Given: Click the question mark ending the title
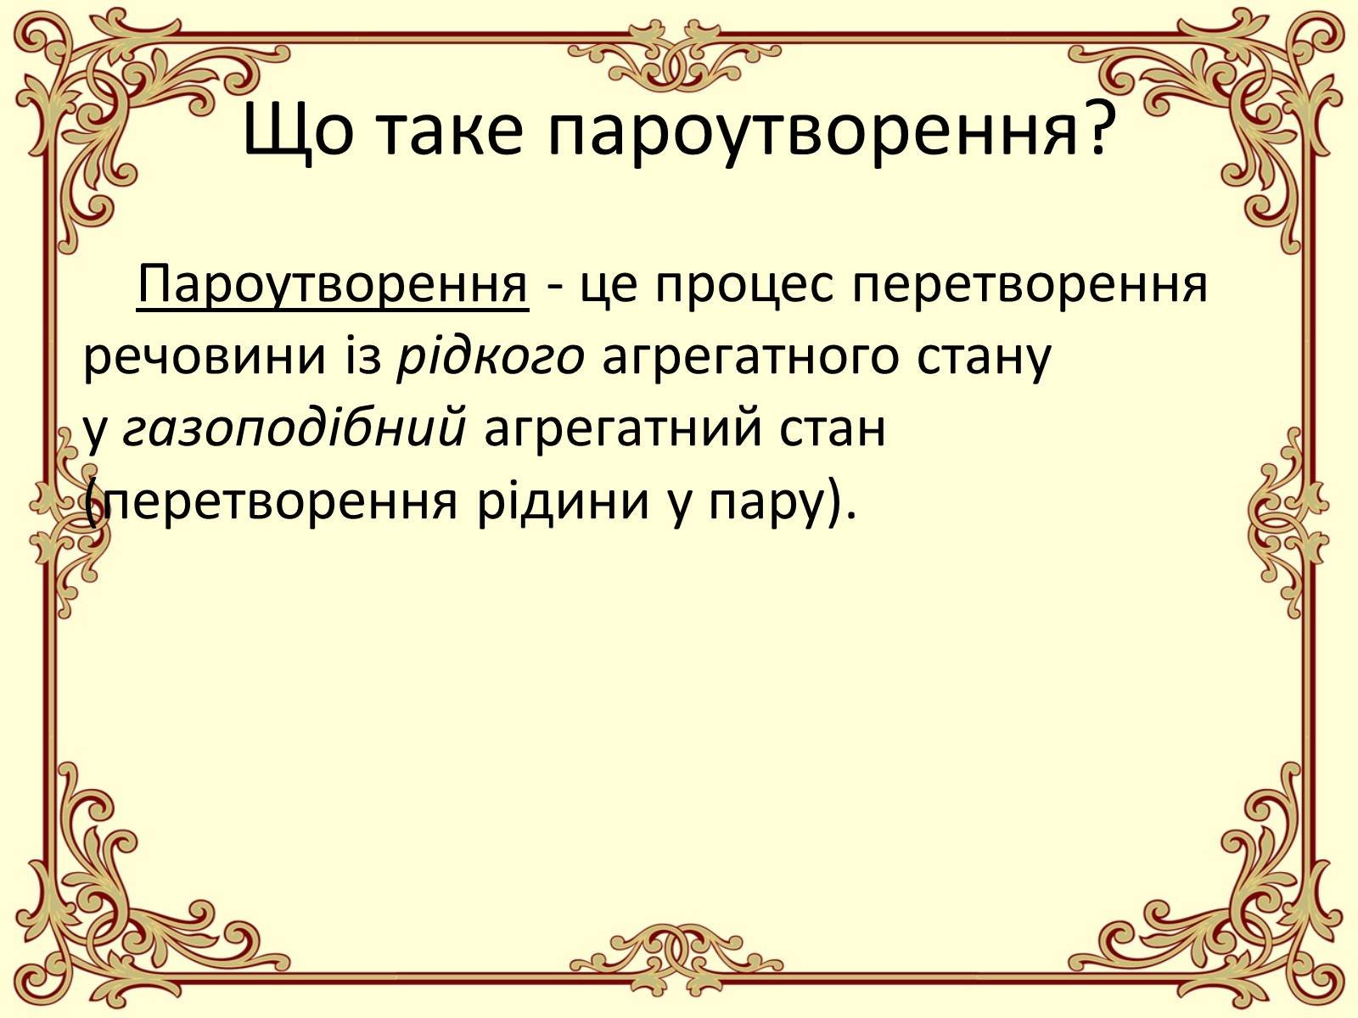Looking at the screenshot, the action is (x=1097, y=126).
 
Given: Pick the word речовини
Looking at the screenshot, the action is (x=205, y=357).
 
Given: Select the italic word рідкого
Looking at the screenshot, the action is (x=491, y=357).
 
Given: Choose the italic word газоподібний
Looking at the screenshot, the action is (x=294, y=428).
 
